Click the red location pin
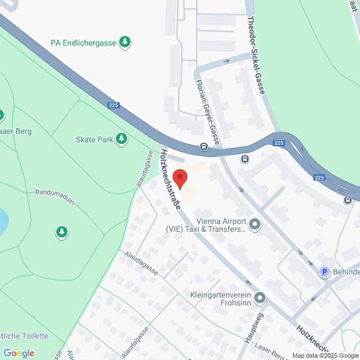(x=180, y=178)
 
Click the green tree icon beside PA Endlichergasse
(x=125, y=42)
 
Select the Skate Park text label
(x=94, y=138)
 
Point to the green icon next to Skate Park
(x=121, y=138)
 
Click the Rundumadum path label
(x=55, y=192)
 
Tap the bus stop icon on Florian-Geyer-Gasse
(x=204, y=147)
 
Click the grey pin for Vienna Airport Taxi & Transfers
(x=255, y=225)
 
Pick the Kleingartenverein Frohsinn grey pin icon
(x=259, y=296)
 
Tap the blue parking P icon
(x=324, y=272)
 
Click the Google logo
(x=19, y=353)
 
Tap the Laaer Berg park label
(x=16, y=131)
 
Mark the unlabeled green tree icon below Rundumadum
(x=61, y=231)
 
